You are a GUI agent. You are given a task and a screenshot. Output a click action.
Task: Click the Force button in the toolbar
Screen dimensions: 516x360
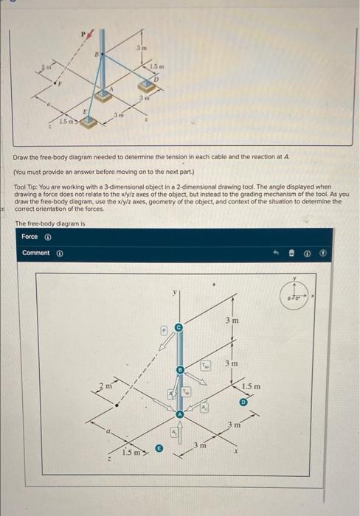[x=30, y=237]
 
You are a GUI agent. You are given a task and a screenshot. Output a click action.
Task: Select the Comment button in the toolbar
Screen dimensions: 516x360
[x=36, y=253]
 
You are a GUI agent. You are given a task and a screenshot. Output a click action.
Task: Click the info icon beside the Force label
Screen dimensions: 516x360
[x=47, y=237]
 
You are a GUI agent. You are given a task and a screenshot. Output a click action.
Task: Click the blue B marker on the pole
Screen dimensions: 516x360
[x=178, y=369]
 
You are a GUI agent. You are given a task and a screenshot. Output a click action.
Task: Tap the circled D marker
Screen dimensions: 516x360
[x=242, y=402]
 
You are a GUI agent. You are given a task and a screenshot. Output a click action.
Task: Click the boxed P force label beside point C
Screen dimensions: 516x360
[x=165, y=331]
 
